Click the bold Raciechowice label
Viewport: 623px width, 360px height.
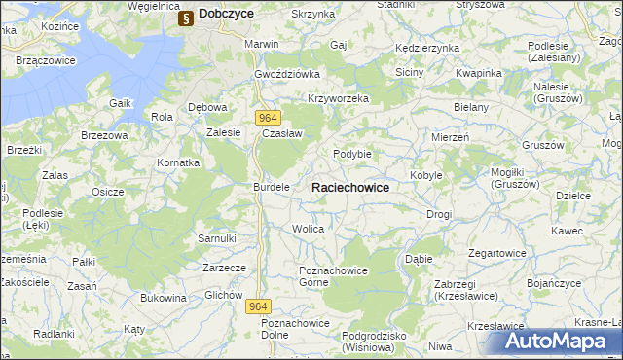[350, 187]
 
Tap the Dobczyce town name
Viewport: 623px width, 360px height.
[226, 15]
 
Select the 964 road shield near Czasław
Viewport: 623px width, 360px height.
[270, 118]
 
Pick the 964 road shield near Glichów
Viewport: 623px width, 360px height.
[257, 306]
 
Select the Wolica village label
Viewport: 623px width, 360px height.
[308, 229]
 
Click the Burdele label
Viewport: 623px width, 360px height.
[272, 186]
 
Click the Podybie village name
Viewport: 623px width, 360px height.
[352, 154]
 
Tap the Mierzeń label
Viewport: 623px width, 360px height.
[451, 138]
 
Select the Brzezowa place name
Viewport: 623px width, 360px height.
[104, 136]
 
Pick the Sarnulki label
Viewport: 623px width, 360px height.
[217, 238]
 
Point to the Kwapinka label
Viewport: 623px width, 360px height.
[478, 74]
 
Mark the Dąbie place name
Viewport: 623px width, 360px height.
[419, 260]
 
